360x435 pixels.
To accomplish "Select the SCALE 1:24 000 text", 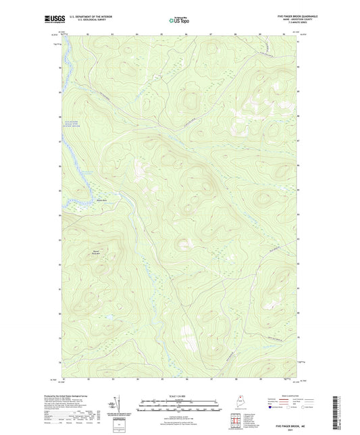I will tap(178, 396).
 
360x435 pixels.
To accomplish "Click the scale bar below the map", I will tap(178, 403).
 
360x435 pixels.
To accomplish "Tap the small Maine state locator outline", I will tap(234, 403).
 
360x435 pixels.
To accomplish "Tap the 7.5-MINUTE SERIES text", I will tap(288, 24).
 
